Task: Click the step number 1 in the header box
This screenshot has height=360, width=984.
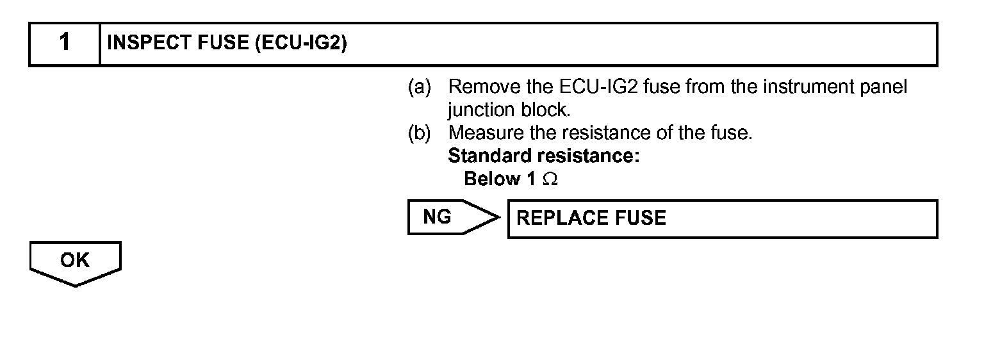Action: click(x=65, y=44)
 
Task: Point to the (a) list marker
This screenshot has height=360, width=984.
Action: click(x=419, y=87)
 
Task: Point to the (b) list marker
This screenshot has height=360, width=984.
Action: click(x=419, y=133)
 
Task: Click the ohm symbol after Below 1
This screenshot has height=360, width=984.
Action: click(x=550, y=180)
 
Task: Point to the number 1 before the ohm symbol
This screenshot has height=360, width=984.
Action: click(x=530, y=179)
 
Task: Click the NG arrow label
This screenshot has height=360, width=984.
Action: click(x=438, y=218)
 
